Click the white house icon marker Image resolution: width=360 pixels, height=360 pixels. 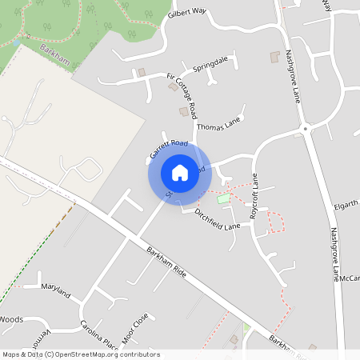[x=179, y=172]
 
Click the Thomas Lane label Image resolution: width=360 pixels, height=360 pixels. [x=218, y=126]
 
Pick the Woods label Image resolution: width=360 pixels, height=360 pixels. [x=11, y=318]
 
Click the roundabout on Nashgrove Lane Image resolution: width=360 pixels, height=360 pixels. [x=304, y=128]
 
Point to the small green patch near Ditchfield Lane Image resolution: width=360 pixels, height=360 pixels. [x=223, y=198]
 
